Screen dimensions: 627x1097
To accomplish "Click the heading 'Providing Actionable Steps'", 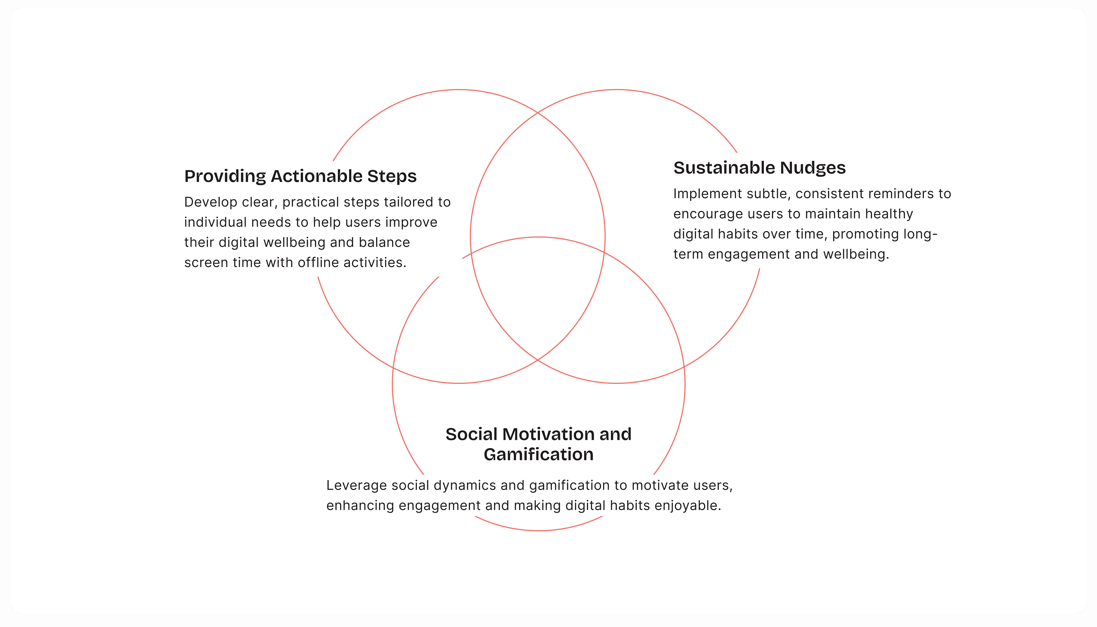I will click(300, 176).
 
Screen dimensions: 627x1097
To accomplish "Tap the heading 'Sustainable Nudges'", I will click(760, 168).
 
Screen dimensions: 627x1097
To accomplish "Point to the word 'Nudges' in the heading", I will click(813, 168).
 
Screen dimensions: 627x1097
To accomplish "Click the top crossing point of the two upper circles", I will click(538, 113).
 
